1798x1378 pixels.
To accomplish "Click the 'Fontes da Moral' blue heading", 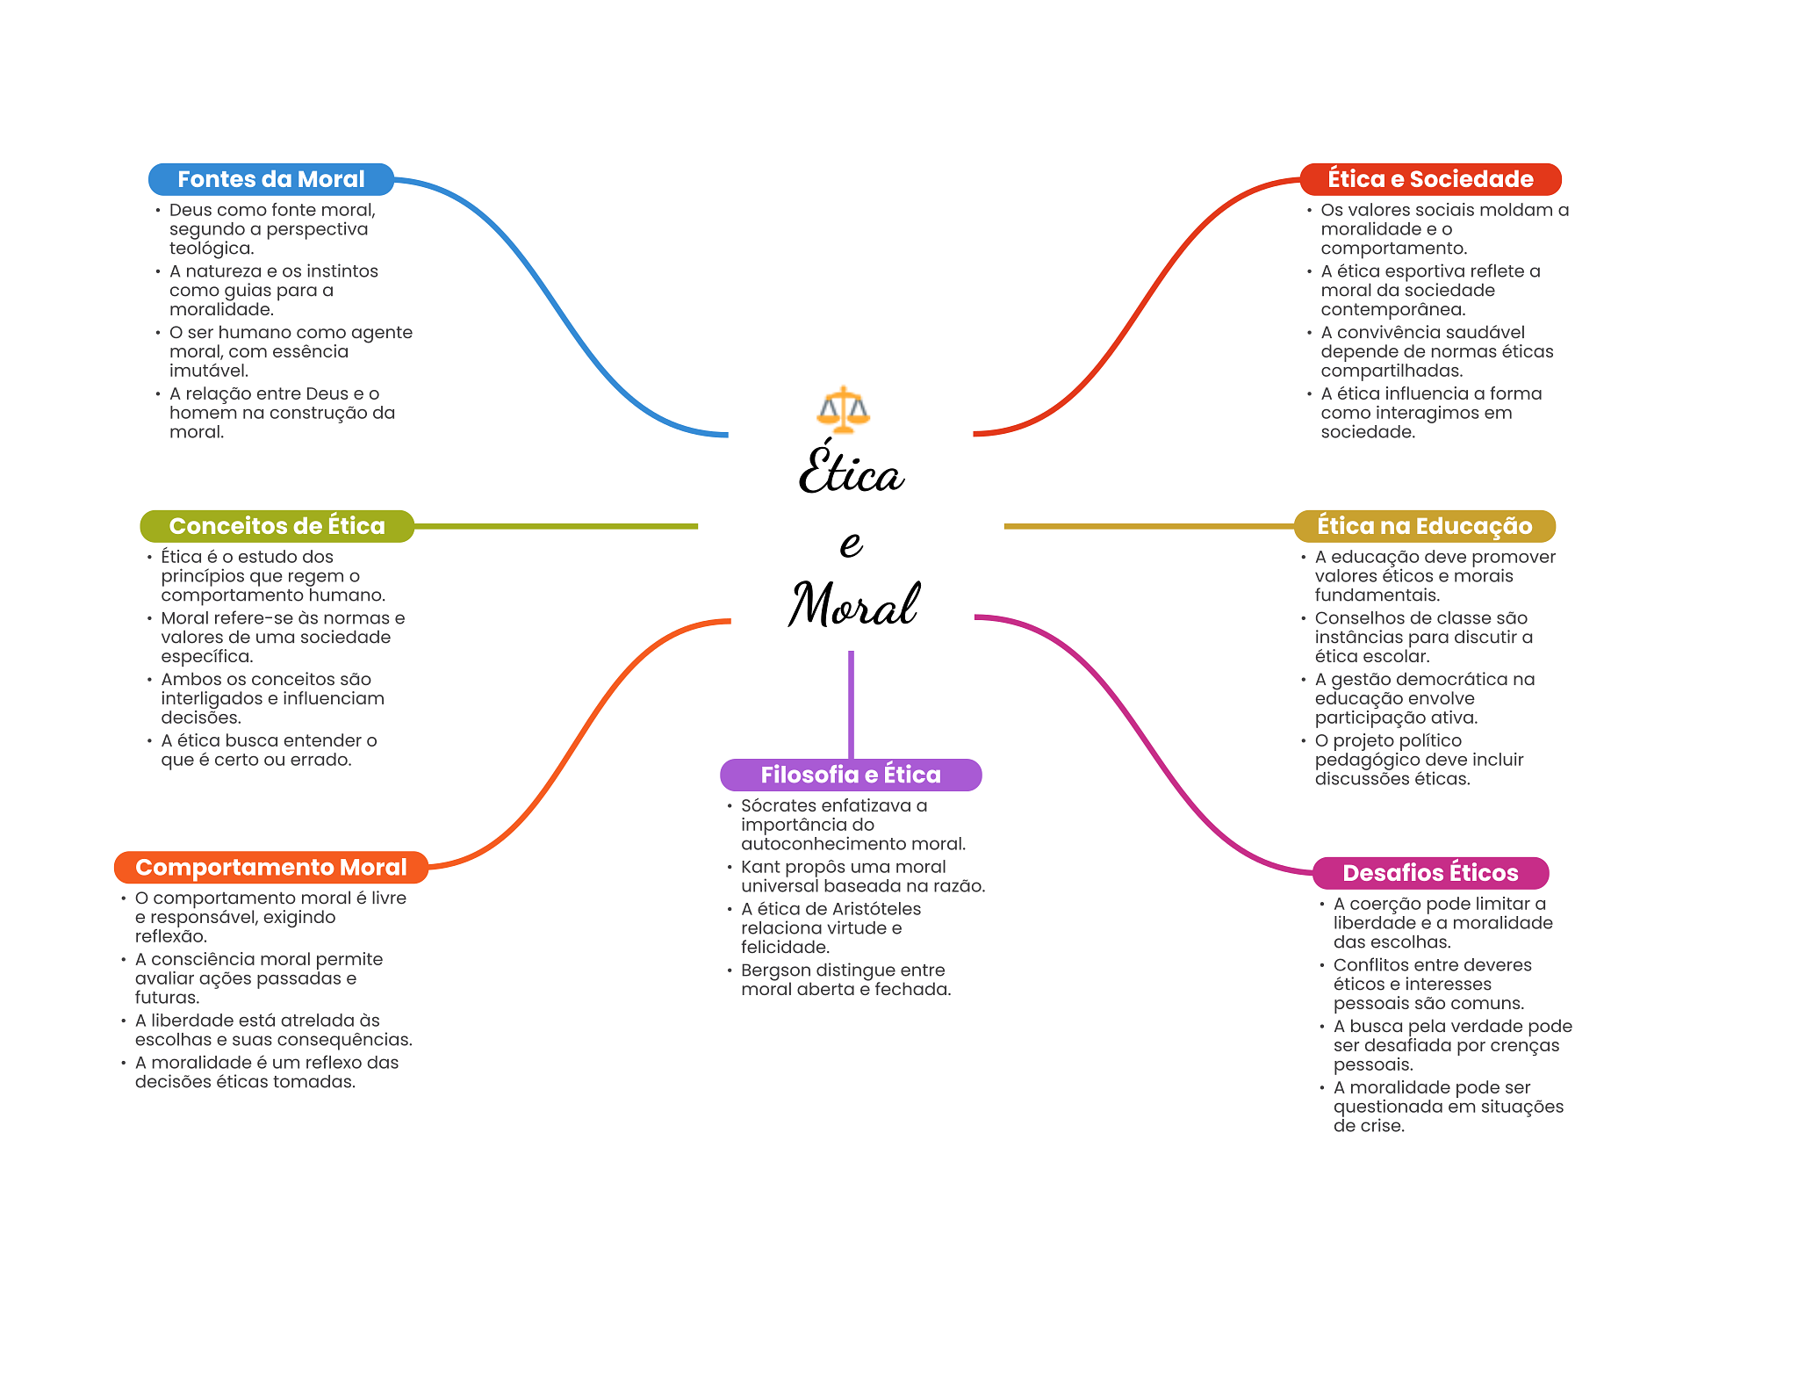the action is [x=271, y=179].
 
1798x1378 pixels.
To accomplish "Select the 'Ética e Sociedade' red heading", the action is [x=1430, y=179].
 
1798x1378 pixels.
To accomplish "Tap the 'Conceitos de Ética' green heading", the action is [x=277, y=526].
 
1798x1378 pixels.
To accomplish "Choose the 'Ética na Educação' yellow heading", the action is [x=1424, y=526].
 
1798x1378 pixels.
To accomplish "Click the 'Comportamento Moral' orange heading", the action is [x=271, y=868].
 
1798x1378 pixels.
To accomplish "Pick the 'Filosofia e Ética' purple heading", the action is [x=851, y=775].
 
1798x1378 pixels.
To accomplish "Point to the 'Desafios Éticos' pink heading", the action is [x=1430, y=873].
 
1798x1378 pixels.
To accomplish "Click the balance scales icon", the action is [x=843, y=410].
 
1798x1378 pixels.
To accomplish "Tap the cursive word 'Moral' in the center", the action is [x=853, y=604].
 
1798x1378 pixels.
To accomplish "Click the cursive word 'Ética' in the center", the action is [x=851, y=468].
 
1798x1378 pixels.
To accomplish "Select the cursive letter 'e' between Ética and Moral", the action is [x=851, y=545].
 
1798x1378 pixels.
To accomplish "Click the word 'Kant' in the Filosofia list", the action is [x=760, y=867].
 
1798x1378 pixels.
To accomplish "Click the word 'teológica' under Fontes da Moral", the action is [x=212, y=249].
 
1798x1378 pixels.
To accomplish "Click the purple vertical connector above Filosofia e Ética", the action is [x=851, y=704].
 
